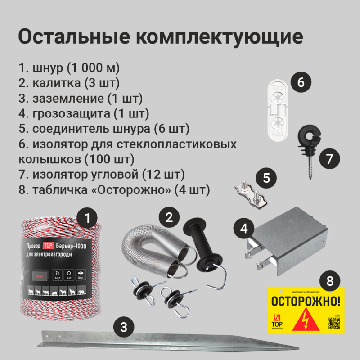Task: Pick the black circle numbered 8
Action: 330,282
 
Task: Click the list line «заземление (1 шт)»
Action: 81,98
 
